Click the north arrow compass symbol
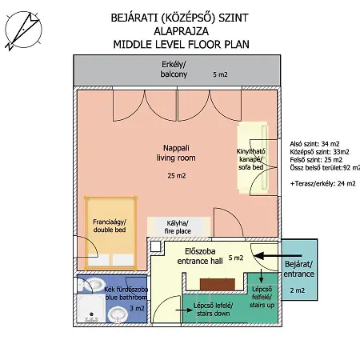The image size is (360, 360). coord(23,30)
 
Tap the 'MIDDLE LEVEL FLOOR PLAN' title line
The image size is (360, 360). coord(182,44)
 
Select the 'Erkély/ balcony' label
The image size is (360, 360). coord(174,70)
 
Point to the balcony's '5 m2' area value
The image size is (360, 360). coord(220,74)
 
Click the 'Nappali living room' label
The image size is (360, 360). coord(176,153)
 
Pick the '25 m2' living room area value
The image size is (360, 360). coord(177,175)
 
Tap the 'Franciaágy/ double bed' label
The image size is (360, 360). coord(110,226)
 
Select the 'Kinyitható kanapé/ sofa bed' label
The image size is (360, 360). coord(251,159)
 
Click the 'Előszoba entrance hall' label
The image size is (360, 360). coord(200,256)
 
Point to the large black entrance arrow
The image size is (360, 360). coord(278,256)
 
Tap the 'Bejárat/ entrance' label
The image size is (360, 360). coord(298,269)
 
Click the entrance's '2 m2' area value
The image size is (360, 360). coord(298,290)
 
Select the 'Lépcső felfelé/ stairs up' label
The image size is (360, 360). coord(262,297)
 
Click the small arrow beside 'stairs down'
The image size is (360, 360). coord(184,310)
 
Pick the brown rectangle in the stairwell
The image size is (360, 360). coord(218,285)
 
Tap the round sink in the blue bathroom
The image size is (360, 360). coord(118,314)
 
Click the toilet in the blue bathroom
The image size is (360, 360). coord(92,285)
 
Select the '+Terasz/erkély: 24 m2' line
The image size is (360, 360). coord(323,183)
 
